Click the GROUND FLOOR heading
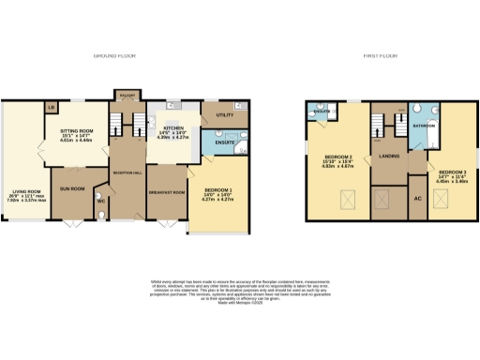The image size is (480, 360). click(114, 56)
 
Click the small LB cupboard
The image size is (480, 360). click(50, 107)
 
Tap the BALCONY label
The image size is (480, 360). click(126, 95)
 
